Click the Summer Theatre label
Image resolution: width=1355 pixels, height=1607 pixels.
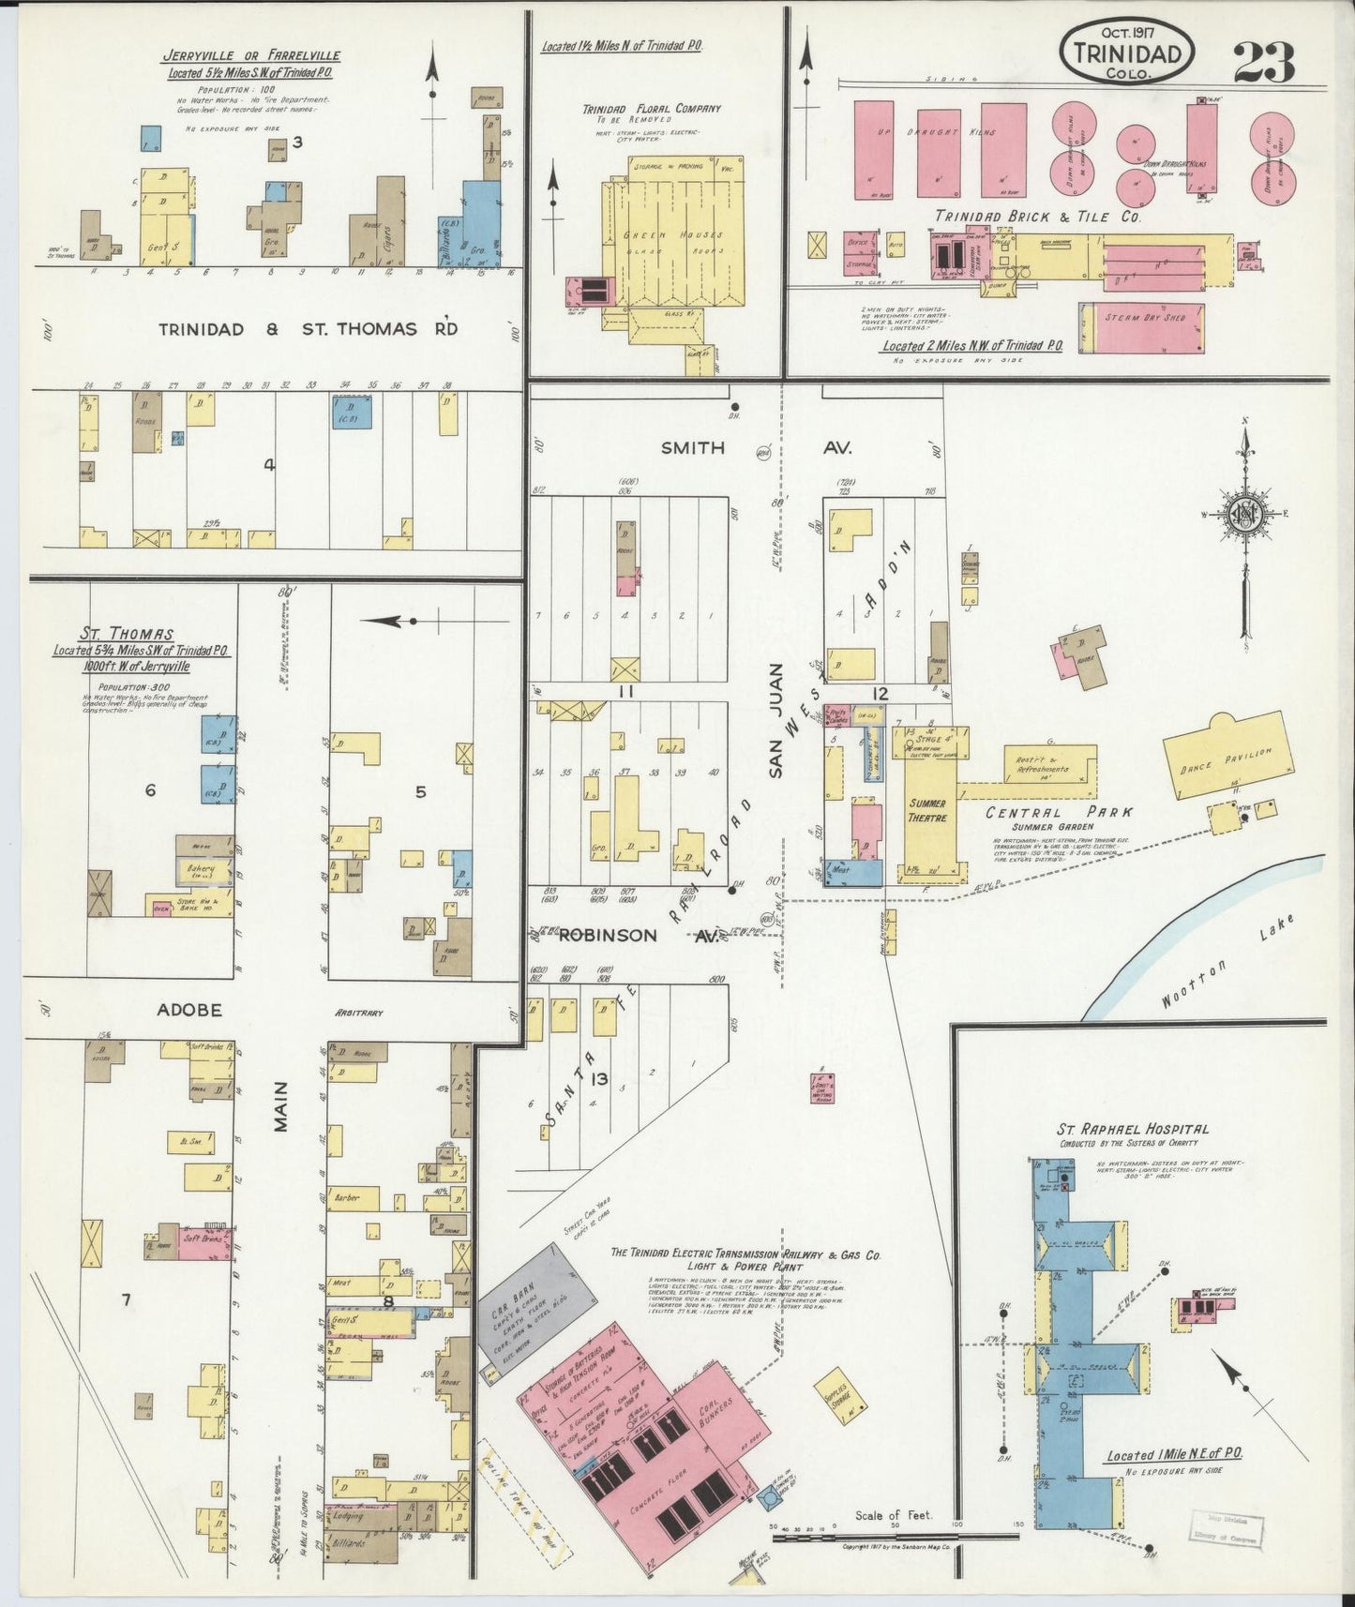[926, 810]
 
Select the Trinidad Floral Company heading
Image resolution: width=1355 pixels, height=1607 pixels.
[652, 108]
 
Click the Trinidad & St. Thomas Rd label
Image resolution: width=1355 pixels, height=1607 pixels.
[308, 329]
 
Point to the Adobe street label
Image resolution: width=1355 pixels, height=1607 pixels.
[188, 1010]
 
